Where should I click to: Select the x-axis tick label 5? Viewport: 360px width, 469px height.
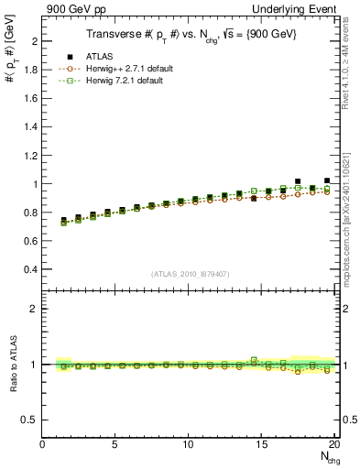115,444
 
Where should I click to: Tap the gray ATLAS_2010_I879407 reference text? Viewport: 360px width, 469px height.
190,274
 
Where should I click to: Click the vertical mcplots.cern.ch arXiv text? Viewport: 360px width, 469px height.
353,212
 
